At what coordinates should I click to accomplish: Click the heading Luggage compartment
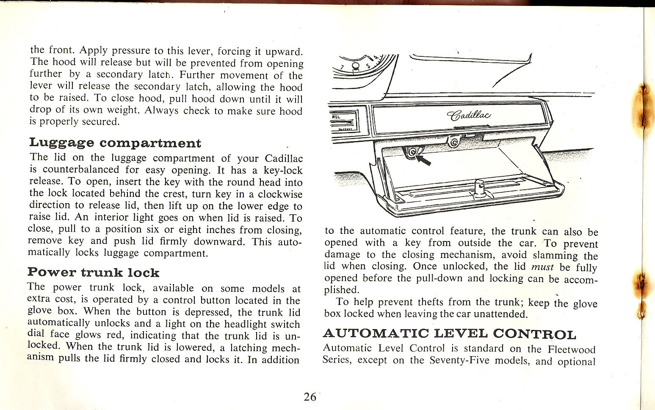click(x=114, y=143)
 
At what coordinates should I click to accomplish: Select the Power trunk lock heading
click(x=93, y=272)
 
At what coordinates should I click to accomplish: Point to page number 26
click(x=310, y=397)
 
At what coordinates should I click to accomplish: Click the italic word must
click(x=542, y=267)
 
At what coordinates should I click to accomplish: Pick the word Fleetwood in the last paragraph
click(x=571, y=350)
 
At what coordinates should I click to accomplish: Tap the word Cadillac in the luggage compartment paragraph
click(x=284, y=159)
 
